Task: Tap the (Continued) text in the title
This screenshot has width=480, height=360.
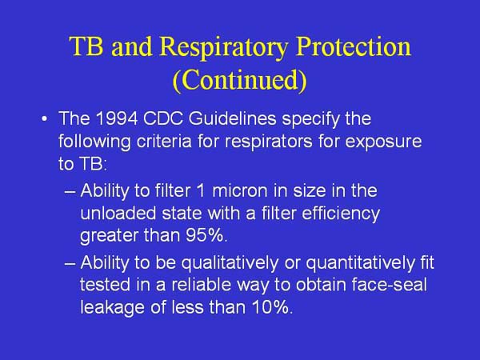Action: (x=239, y=81)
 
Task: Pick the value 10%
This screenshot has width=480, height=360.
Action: (x=268, y=306)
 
